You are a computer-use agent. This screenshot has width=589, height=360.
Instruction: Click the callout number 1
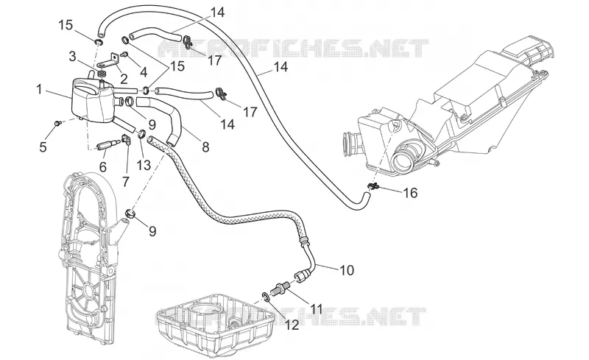pyautogui.click(x=39, y=90)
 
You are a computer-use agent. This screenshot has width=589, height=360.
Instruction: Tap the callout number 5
pyautogui.click(x=43, y=147)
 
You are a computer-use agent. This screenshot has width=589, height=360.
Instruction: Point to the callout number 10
pyautogui.click(x=347, y=269)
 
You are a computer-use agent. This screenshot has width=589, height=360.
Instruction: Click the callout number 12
pyautogui.click(x=292, y=325)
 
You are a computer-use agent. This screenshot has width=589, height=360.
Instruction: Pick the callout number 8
pyautogui.click(x=205, y=147)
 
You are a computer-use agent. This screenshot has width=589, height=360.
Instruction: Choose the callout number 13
pyautogui.click(x=144, y=165)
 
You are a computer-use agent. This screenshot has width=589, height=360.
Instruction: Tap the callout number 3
pyautogui.click(x=73, y=57)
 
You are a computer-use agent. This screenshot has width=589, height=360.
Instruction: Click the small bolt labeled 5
pyautogui.click(x=57, y=122)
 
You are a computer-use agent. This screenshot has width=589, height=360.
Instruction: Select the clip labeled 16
pyautogui.click(x=373, y=186)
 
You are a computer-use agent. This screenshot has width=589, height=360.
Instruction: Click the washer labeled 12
pyautogui.click(x=266, y=297)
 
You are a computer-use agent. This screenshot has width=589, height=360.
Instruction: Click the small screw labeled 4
pyautogui.click(x=125, y=54)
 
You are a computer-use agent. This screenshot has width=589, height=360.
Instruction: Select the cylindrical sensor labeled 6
pyautogui.click(x=105, y=146)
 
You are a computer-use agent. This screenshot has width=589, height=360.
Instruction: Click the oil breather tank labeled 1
pyautogui.click(x=92, y=99)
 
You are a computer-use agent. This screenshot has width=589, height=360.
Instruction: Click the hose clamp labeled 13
pyautogui.click(x=142, y=133)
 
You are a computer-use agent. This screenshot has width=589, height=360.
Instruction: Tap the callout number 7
pyautogui.click(x=125, y=181)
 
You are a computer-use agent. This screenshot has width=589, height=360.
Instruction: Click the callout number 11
pyautogui.click(x=316, y=309)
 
